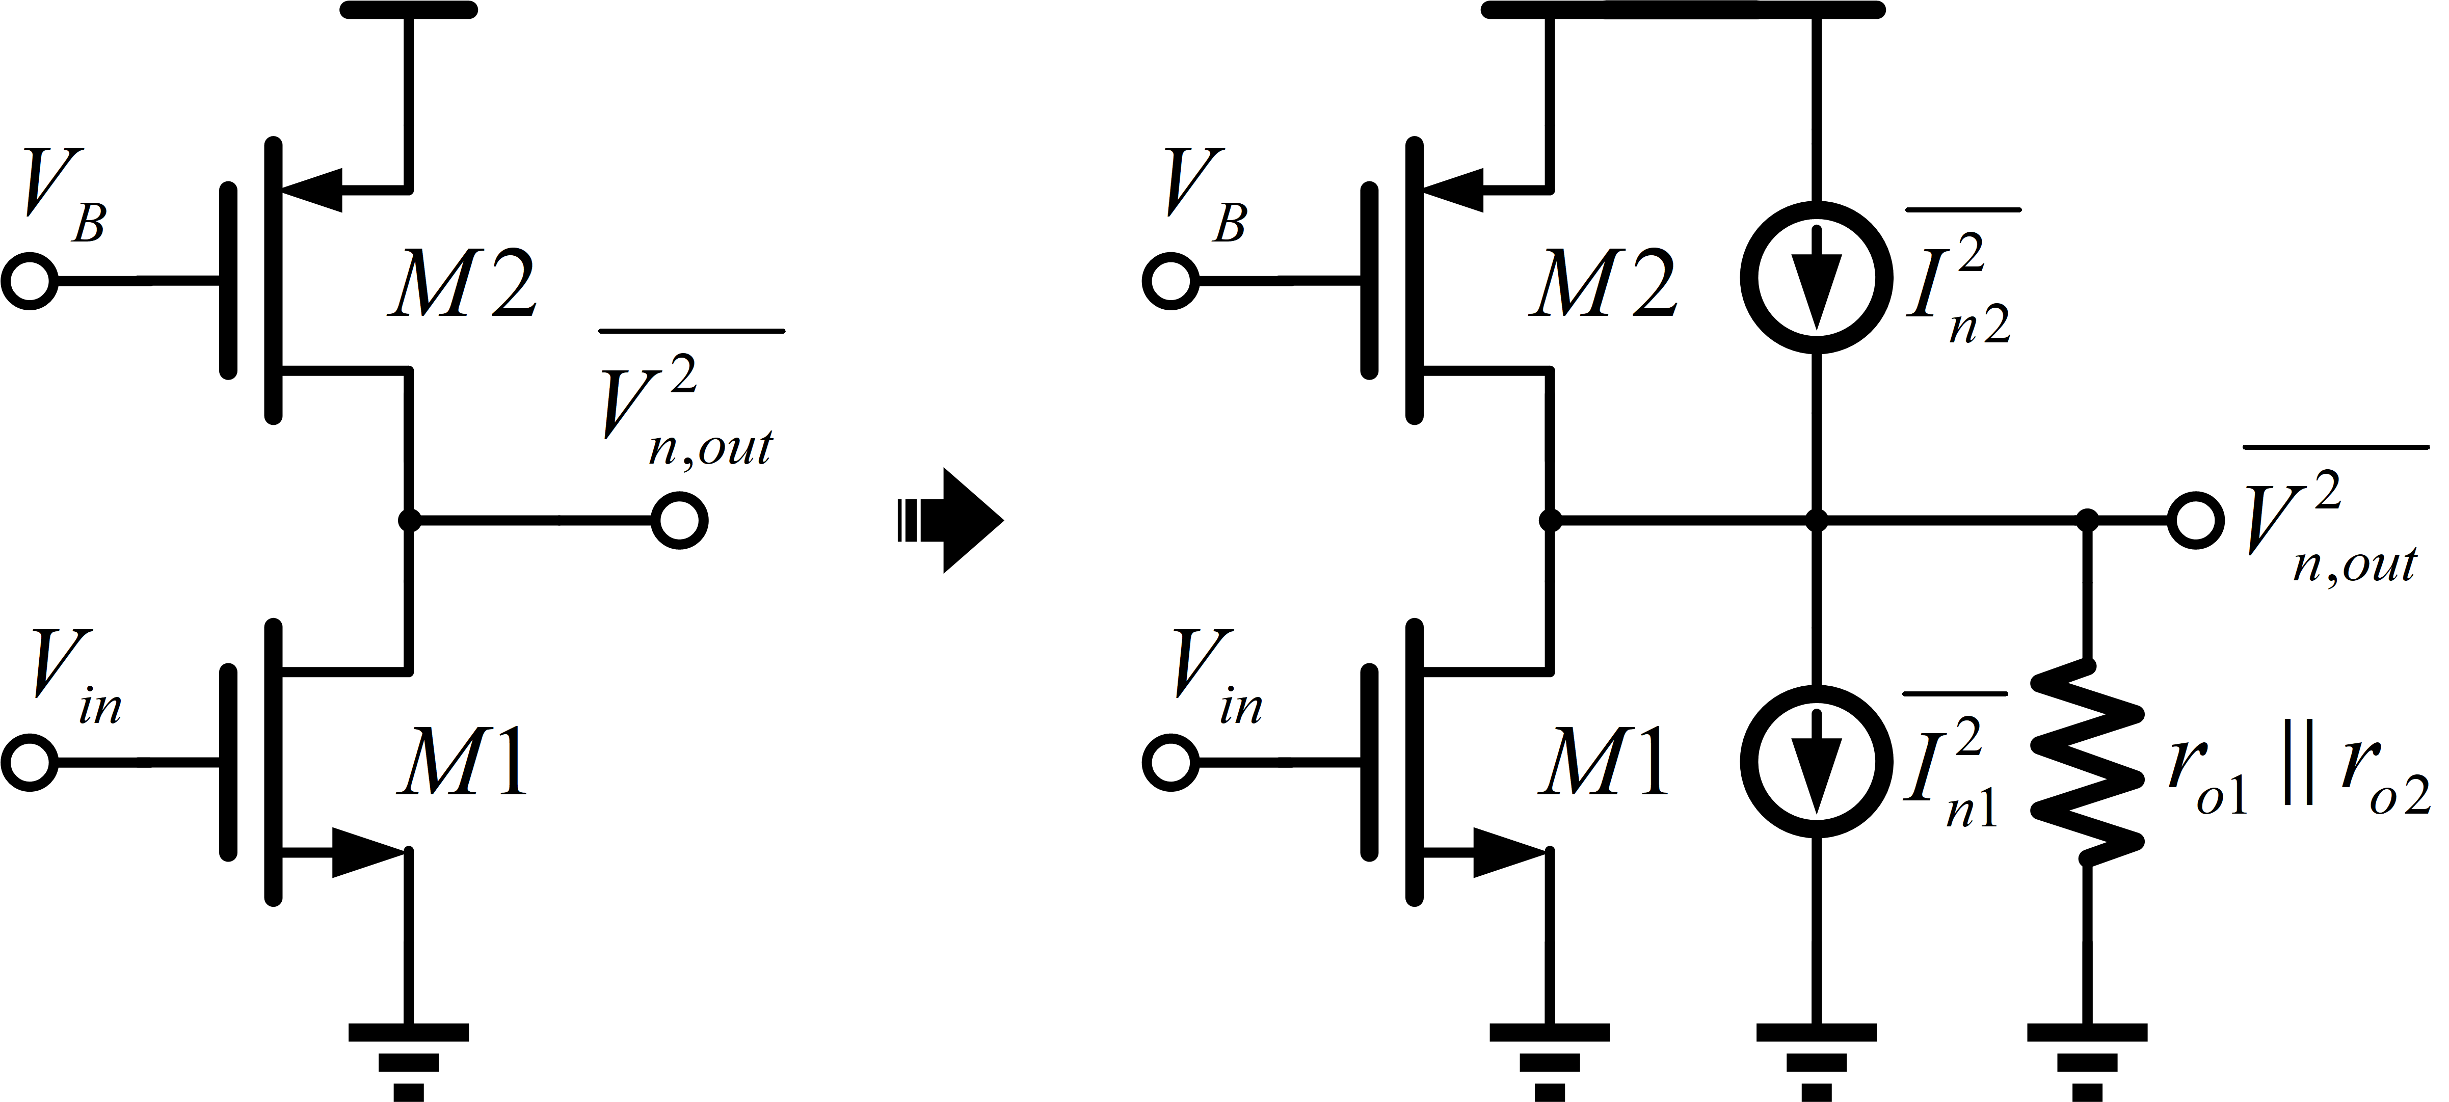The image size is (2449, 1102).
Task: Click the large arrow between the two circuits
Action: [x=951, y=520]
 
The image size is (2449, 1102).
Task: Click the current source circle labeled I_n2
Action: [x=1816, y=276]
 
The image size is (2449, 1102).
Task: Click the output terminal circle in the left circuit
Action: [x=680, y=521]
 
